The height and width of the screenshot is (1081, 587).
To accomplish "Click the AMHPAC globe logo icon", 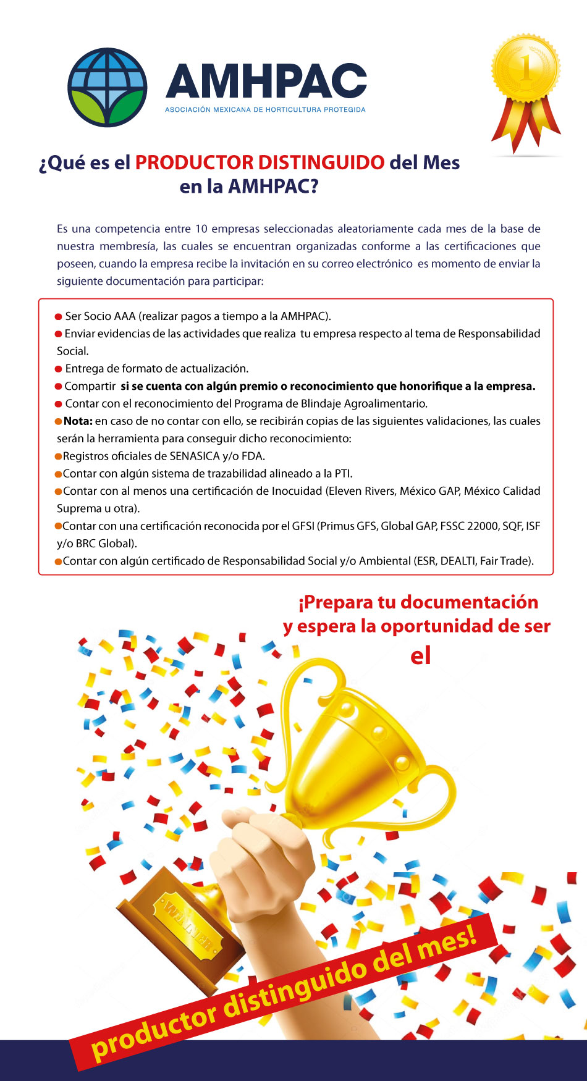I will [108, 87].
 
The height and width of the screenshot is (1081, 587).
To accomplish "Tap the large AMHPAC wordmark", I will [266, 82].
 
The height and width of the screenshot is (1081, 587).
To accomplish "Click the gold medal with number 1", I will [526, 68].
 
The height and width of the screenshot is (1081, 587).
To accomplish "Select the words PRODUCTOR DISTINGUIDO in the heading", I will [260, 162].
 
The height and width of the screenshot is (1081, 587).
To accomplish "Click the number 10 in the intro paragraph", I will [201, 229].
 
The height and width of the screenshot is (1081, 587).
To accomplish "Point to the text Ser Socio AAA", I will [100, 316].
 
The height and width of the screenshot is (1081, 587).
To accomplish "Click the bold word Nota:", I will [78, 421].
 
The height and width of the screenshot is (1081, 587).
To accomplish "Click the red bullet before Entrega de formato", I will [59, 369].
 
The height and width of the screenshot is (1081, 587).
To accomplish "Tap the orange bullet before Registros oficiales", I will [59, 456].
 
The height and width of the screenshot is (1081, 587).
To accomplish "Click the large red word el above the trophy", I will [420, 656].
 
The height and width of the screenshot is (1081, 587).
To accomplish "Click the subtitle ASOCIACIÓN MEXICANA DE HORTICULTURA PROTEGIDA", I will [265, 110].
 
